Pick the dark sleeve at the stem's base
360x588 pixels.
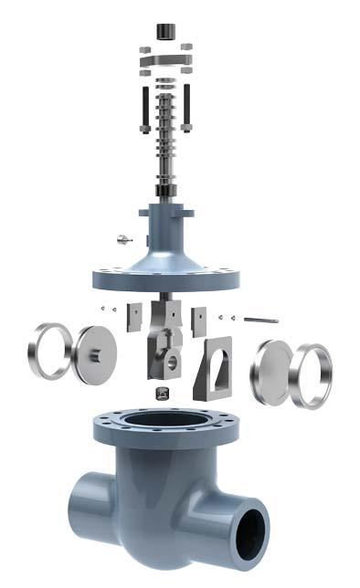pos(165,190)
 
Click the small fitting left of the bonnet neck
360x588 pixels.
pos(122,239)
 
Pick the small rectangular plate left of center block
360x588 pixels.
pos(134,316)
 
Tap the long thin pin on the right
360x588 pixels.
pos(260,320)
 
